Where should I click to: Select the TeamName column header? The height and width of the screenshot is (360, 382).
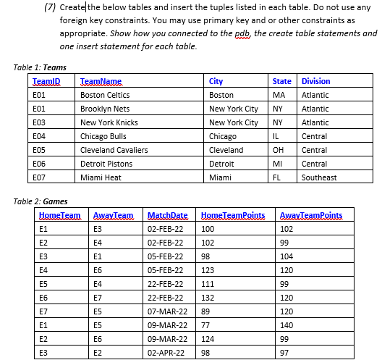click(x=101, y=81)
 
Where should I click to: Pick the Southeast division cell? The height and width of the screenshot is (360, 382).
click(x=318, y=177)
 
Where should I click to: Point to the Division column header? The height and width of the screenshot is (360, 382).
click(x=315, y=81)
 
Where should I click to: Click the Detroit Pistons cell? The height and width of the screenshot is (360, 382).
click(x=106, y=164)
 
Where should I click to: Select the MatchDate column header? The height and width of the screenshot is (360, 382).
click(x=167, y=216)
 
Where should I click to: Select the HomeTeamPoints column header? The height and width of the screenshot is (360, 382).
click(x=232, y=216)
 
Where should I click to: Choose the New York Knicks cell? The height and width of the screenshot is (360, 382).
click(x=109, y=122)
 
